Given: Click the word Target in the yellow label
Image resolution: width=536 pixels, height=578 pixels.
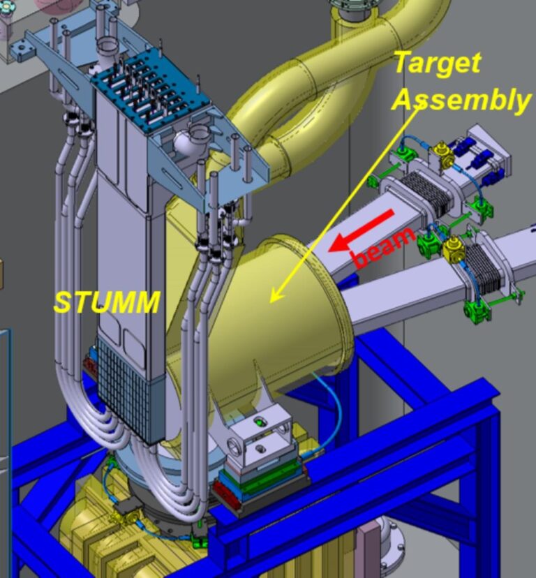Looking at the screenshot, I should (x=438, y=64).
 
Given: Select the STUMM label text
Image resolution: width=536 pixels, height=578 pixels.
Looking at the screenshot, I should (x=107, y=302).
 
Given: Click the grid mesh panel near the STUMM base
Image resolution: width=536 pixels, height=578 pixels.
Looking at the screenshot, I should (x=123, y=384).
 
